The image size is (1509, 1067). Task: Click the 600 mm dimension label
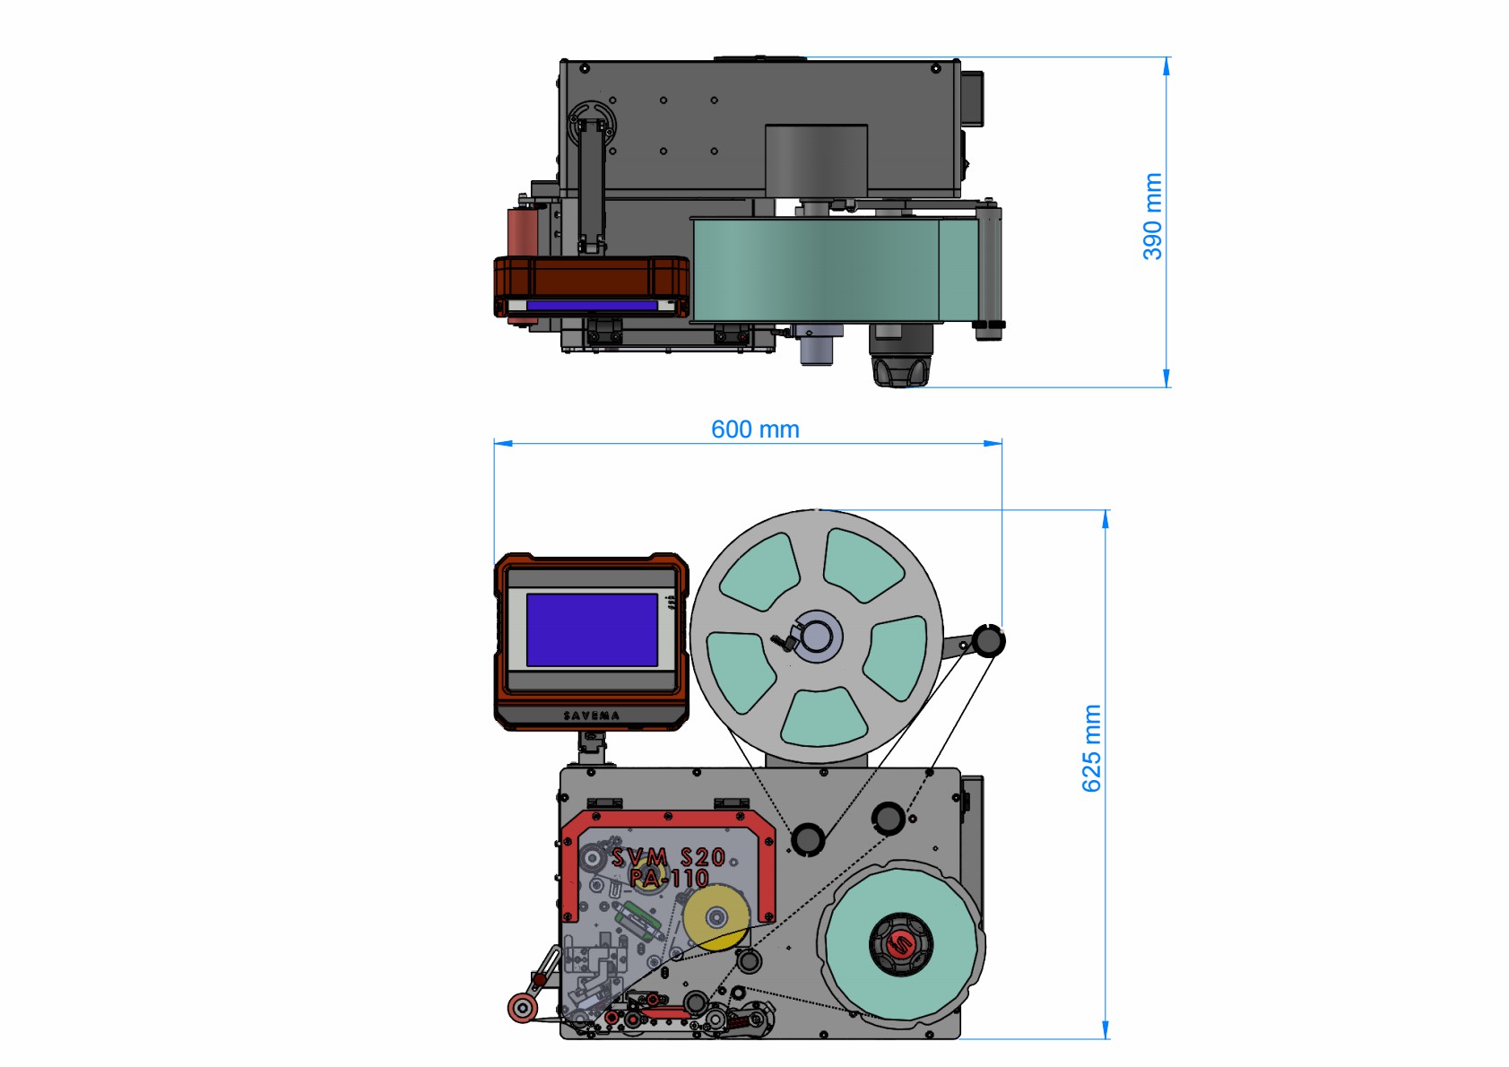(x=755, y=429)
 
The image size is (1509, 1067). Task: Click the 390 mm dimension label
(x=1153, y=216)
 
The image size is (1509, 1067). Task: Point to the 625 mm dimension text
(x=1091, y=748)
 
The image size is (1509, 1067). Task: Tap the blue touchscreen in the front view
(x=592, y=629)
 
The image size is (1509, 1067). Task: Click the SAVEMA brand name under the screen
(x=592, y=716)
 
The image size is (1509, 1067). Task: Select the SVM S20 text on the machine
(x=668, y=857)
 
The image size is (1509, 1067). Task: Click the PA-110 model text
(x=669, y=878)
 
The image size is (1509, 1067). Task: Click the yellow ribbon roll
(x=716, y=917)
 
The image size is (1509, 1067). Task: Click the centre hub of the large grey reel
(x=817, y=637)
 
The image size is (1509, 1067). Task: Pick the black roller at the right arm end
(x=988, y=640)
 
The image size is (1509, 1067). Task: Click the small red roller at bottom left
(x=522, y=1009)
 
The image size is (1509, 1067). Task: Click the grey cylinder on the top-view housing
(x=816, y=160)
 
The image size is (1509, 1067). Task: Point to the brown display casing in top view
(x=592, y=286)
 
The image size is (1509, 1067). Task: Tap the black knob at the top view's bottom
(x=901, y=372)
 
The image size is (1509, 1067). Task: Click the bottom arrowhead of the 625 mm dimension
(x=1106, y=1030)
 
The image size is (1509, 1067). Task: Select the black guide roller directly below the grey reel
(x=807, y=839)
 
